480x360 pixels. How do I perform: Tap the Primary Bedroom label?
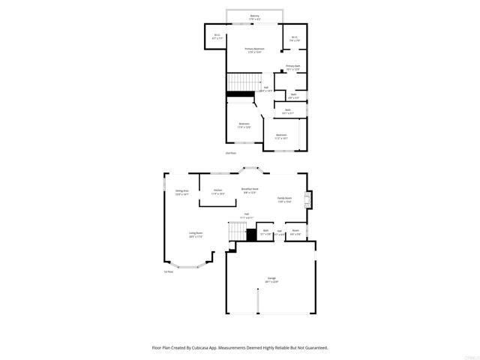254,50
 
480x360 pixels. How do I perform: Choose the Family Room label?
284,199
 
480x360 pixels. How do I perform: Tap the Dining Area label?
181,193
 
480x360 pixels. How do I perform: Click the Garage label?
271,280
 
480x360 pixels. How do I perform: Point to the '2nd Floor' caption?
231,153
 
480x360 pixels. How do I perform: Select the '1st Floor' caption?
169,272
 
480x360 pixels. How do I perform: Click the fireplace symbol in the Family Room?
306,199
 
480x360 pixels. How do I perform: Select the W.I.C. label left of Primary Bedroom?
217,36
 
